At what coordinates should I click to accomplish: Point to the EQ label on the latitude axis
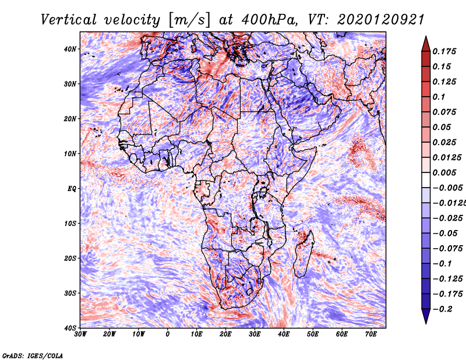point(72,188)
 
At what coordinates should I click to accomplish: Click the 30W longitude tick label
point(80,334)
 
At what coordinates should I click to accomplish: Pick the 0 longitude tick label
point(168,334)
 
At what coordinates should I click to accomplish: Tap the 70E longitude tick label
point(370,334)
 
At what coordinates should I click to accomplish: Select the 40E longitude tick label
point(284,334)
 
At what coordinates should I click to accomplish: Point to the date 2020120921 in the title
point(372,19)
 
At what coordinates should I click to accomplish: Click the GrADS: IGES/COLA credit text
point(33,354)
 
